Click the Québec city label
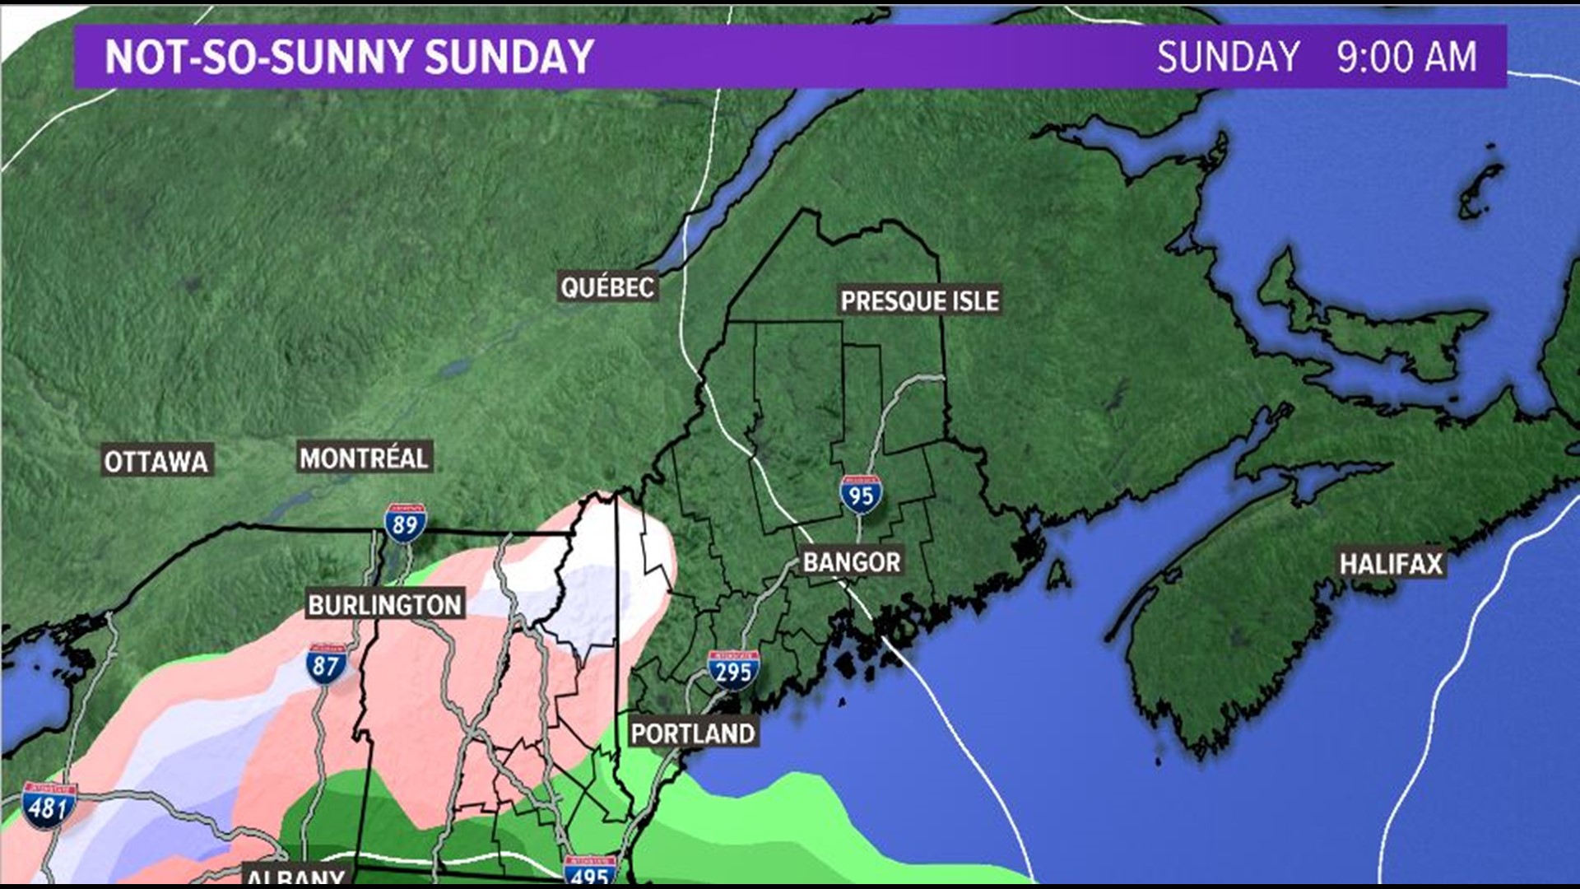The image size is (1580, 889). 607,287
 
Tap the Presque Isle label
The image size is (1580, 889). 919,301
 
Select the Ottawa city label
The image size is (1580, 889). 156,462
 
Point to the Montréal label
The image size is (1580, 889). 364,458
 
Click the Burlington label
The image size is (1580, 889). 385,605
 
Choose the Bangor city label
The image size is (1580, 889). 852,562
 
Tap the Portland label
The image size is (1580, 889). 693,733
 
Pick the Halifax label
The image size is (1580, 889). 1391,564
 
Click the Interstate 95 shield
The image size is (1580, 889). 861,495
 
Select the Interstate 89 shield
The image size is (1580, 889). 405,524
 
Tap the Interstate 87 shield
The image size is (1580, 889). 326,663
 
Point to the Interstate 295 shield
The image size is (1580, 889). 732,671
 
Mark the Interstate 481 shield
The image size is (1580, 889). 49,806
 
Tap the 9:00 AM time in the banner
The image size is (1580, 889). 1406,57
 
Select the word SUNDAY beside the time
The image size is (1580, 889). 1228,57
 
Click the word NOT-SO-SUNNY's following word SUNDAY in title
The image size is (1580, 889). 510,57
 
